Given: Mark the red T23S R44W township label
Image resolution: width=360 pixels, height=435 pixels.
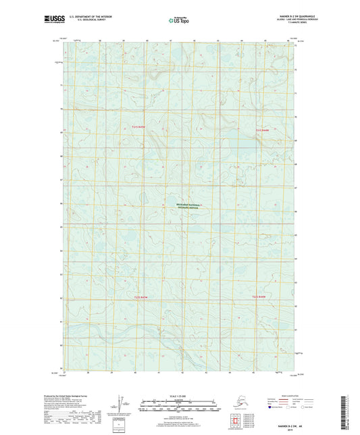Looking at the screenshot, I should click(260, 297).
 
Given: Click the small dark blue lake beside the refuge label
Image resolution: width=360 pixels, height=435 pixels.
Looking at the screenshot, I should click(144, 199).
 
